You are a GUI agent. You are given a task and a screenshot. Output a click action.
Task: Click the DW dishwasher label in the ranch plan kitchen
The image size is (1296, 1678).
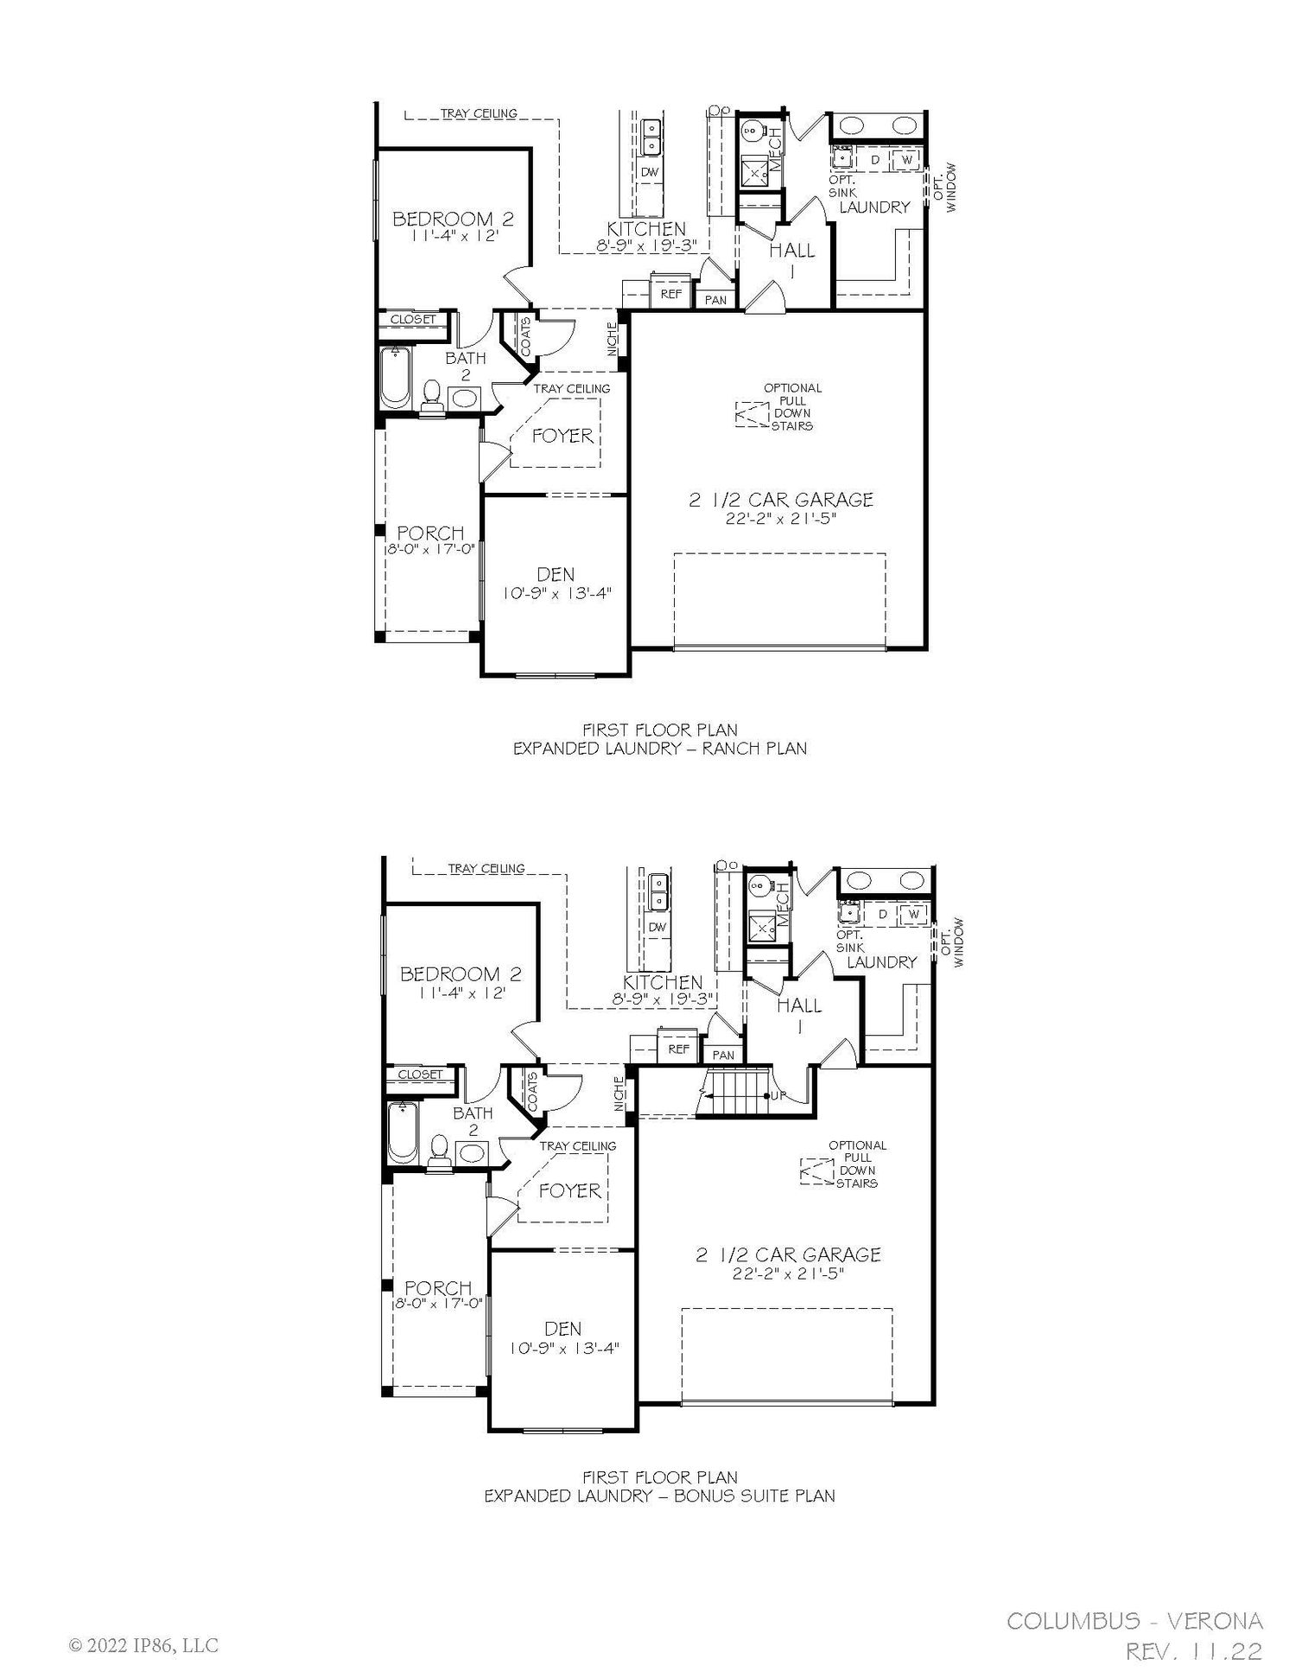click(650, 172)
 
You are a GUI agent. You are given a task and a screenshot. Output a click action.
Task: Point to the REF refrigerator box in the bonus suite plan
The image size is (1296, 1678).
click(679, 1048)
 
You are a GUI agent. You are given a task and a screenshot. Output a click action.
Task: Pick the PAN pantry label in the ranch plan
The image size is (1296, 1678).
click(715, 300)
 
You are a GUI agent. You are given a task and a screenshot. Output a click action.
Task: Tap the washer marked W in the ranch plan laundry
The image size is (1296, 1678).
click(906, 160)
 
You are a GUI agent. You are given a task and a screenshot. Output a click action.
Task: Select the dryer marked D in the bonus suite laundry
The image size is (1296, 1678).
click(882, 915)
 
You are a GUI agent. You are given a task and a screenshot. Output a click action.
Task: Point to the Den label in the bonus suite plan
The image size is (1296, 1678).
click(562, 1329)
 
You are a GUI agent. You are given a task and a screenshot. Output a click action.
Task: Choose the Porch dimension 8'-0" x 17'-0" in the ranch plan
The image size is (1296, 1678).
click(430, 548)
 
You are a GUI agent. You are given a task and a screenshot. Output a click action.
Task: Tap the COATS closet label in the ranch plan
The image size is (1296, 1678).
click(526, 336)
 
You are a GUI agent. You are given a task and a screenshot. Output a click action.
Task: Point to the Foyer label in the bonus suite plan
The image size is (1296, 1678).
click(569, 1190)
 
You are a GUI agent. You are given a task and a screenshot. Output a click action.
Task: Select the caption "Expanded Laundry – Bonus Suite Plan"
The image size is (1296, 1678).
click(659, 1496)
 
